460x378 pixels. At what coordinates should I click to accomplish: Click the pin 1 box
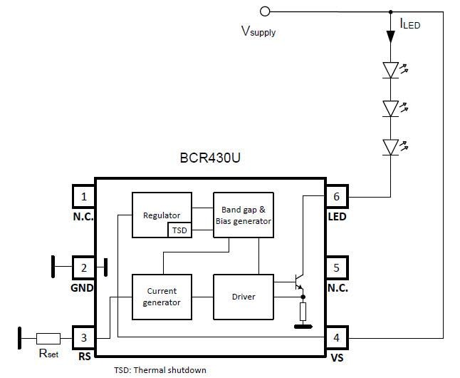tap(84, 197)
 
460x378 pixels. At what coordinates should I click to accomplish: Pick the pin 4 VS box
tap(337, 337)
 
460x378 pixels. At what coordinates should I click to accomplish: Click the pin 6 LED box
tap(337, 197)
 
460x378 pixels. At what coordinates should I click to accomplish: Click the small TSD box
tap(179, 230)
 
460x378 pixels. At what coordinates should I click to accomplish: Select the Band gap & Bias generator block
tap(243, 215)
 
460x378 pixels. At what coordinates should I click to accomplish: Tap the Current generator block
tap(162, 297)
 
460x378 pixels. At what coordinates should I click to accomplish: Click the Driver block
tap(243, 297)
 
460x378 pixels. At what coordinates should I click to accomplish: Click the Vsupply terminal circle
tap(266, 11)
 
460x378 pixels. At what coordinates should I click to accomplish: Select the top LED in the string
tap(390, 70)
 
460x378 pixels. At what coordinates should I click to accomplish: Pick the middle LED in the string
tap(390, 108)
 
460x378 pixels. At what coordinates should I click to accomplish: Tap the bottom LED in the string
tap(390, 147)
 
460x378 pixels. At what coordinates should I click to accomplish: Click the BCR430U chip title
tap(211, 159)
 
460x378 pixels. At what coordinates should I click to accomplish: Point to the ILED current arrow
tap(390, 34)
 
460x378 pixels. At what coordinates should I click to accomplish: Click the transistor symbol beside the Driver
tap(298, 283)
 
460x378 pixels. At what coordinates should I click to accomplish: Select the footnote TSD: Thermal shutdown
tap(160, 371)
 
